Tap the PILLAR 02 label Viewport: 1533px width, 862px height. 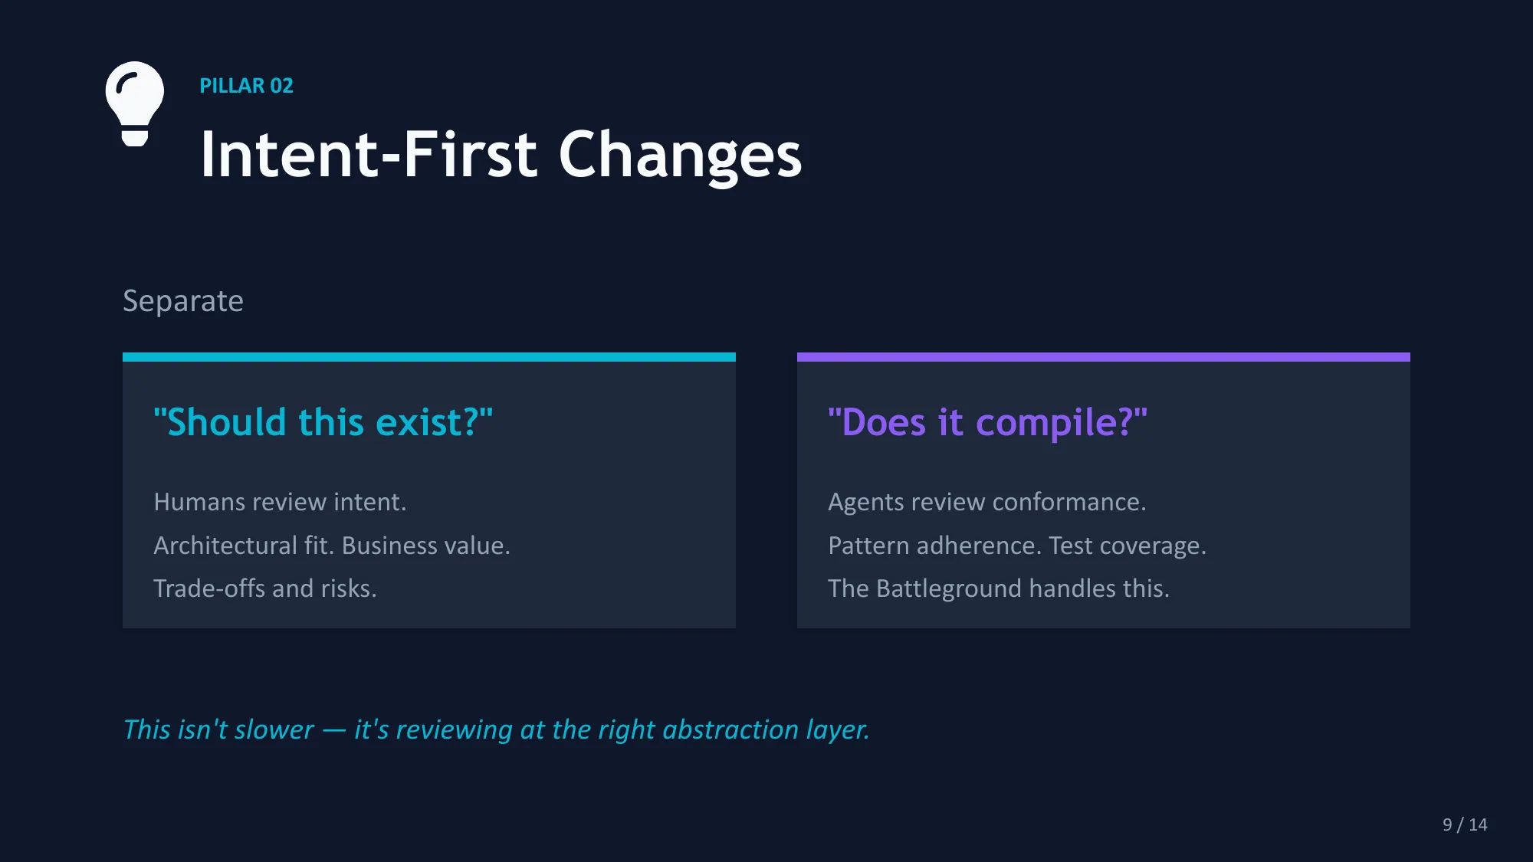click(246, 86)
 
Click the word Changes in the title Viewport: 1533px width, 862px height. click(680, 155)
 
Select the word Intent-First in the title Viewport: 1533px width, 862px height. click(369, 155)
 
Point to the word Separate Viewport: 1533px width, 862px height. click(183, 301)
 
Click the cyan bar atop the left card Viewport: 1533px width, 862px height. click(429, 357)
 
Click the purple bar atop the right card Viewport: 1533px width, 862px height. click(1104, 357)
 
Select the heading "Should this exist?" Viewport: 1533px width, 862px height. click(323, 422)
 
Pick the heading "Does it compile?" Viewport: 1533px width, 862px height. click(987, 422)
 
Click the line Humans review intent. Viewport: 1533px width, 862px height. click(280, 502)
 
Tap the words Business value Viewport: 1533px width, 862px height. click(425, 546)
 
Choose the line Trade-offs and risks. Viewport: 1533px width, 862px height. click(265, 588)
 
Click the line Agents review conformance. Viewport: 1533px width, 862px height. click(987, 502)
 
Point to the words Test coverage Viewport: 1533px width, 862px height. click(1127, 546)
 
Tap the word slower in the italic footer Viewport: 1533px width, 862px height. click(274, 729)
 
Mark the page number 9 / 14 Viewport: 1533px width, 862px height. click(1464, 824)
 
